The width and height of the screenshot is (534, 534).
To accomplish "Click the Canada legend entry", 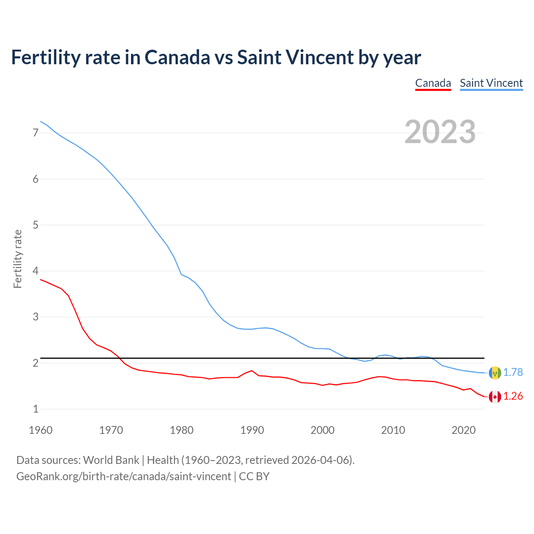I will point(433,83).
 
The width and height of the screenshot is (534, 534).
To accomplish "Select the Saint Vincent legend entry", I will point(491,83).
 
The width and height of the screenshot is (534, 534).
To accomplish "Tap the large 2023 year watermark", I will point(440,132).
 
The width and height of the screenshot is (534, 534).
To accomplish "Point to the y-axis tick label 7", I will point(35,133).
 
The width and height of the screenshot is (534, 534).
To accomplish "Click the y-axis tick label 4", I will point(35,271).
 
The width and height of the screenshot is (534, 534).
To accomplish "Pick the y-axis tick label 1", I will point(35,409).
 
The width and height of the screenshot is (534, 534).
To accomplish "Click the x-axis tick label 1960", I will point(40,430).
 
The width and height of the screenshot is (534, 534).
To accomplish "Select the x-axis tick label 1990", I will point(252,430).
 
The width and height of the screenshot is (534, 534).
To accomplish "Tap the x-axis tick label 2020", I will point(463,430).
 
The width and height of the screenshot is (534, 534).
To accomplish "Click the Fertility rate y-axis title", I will point(18,259).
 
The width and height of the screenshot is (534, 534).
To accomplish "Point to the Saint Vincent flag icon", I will point(495,373).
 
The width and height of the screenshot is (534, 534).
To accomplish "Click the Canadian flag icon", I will point(495,397).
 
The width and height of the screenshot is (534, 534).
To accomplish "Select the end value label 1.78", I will point(513,372).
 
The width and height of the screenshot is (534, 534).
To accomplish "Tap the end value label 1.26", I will point(513,396).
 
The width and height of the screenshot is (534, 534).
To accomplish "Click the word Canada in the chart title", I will point(177,57).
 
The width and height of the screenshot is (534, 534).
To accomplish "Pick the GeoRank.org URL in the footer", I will point(123,476).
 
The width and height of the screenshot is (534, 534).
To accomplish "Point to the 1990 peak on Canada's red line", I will point(252,370).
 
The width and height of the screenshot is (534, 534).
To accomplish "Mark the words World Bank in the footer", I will point(111,460).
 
